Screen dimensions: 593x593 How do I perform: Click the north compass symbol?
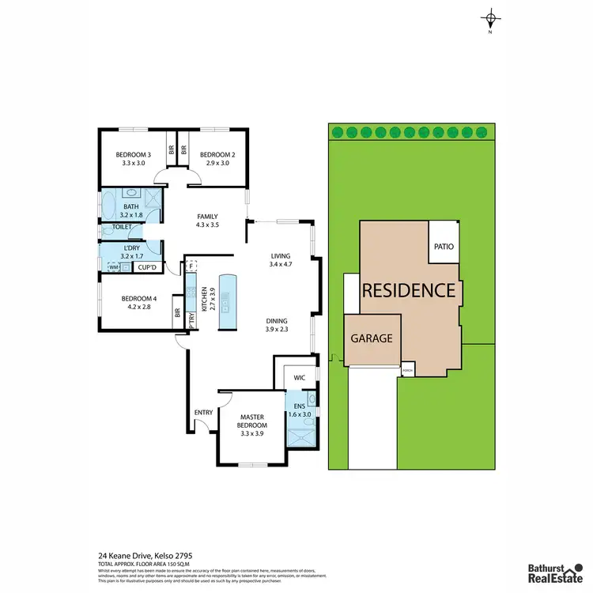pyautogui.click(x=491, y=19)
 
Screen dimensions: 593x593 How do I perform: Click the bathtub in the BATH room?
pyautogui.click(x=111, y=198)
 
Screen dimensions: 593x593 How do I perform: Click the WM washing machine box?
pyautogui.click(x=115, y=268)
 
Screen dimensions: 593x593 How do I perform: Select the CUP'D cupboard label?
pyautogui.click(x=146, y=268)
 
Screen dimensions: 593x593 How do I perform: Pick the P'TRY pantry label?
pyautogui.click(x=192, y=320)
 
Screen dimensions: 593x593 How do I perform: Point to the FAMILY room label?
pyautogui.click(x=207, y=217)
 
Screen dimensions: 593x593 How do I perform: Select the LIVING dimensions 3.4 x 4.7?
pyautogui.click(x=281, y=266)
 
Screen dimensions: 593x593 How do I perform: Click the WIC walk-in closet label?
pyautogui.click(x=298, y=377)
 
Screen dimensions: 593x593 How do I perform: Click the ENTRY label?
pyautogui.click(x=203, y=412)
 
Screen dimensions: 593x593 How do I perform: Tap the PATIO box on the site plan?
pyautogui.click(x=443, y=247)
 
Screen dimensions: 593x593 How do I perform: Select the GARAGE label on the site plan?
pyautogui.click(x=372, y=338)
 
